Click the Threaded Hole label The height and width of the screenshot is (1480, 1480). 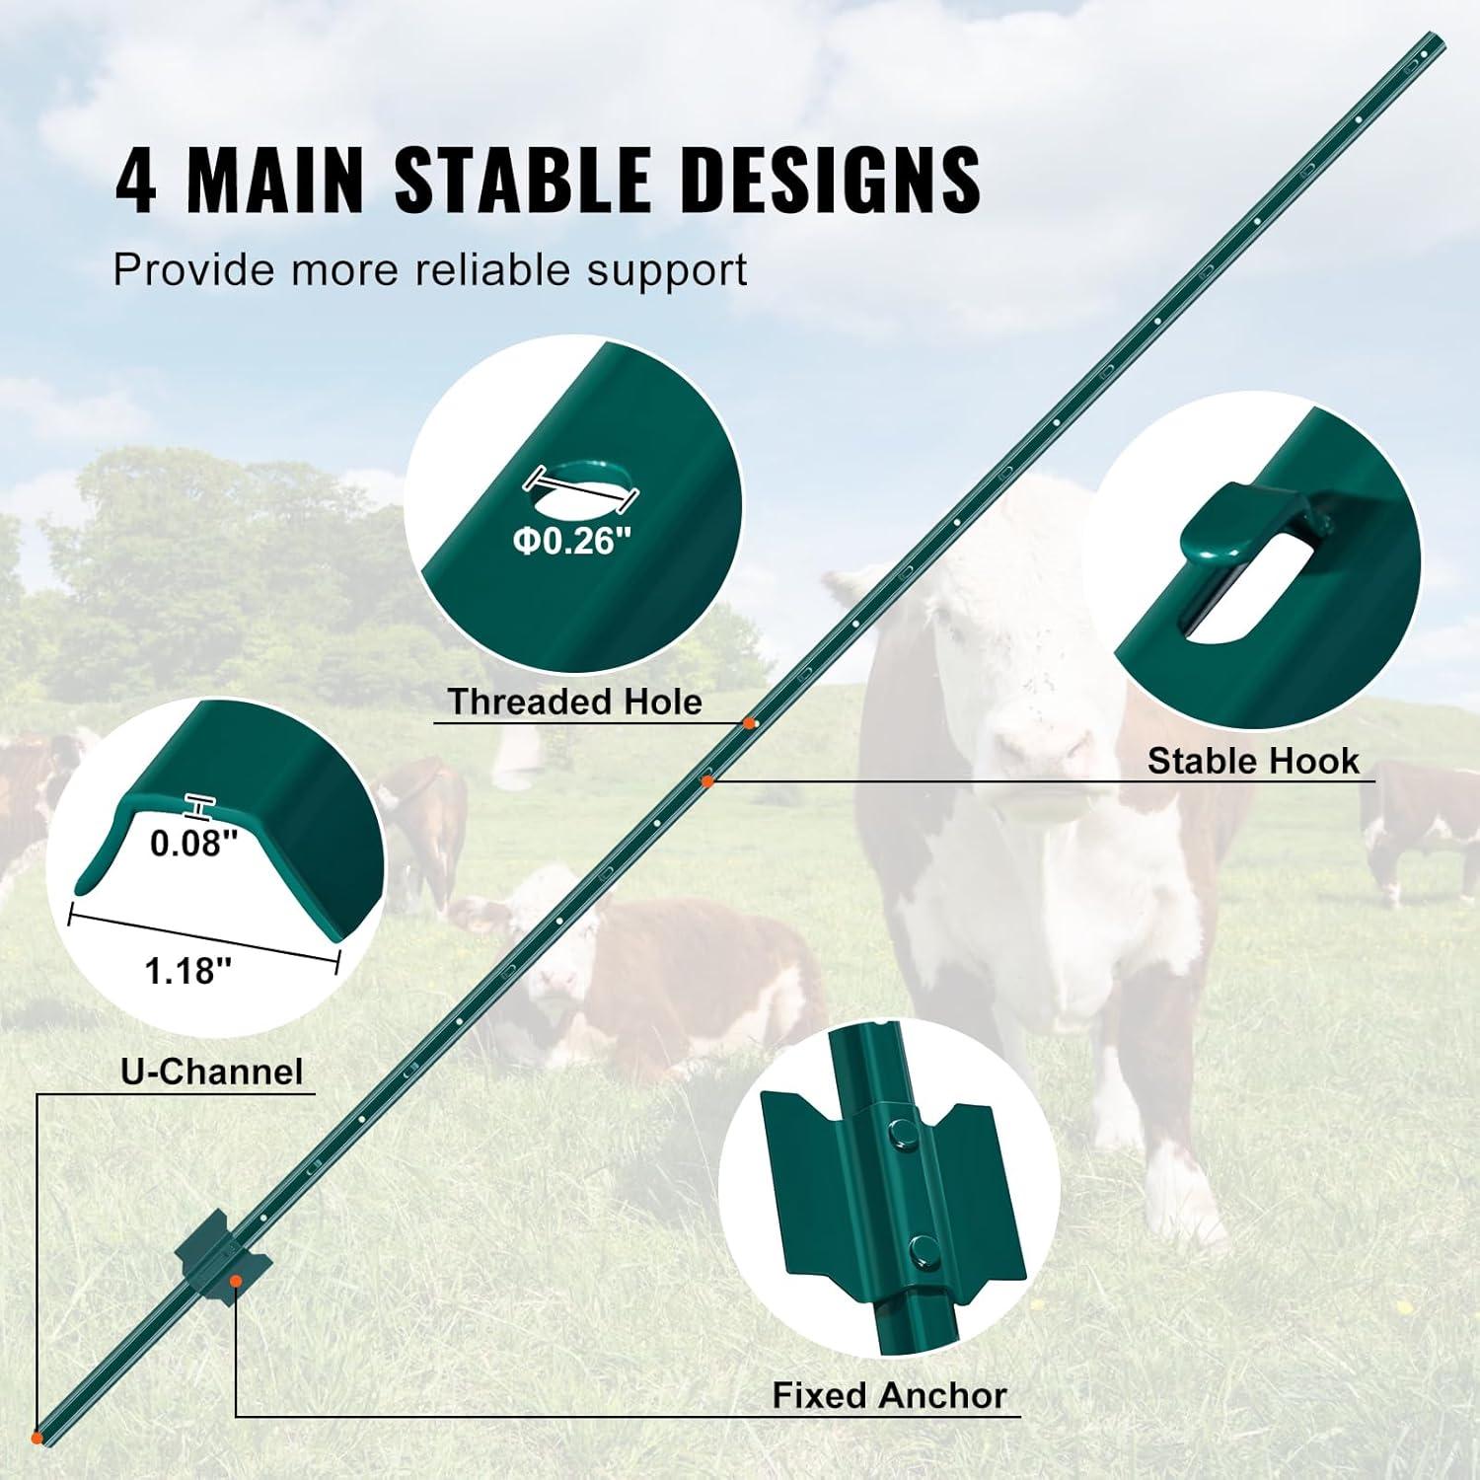574,702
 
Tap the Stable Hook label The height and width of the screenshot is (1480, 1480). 1253,761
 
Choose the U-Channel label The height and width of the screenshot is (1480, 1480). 212,1072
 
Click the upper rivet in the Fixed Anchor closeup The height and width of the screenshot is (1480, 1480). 900,1133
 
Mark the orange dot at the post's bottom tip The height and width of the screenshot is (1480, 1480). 37,1437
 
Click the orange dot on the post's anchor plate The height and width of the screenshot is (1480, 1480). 236,1281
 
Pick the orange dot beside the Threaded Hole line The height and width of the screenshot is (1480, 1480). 750,723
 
